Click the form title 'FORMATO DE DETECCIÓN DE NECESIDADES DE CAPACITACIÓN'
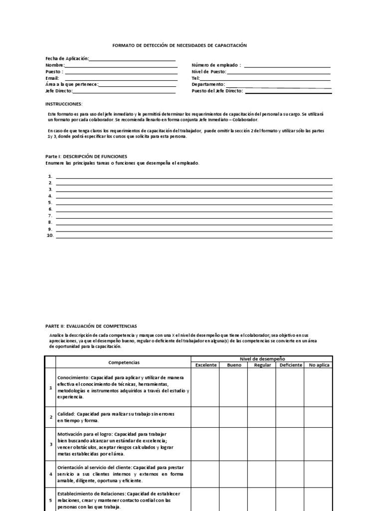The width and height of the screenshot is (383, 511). (180, 45)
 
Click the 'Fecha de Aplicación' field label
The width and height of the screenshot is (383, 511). (67, 58)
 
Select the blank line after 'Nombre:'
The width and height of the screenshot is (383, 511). (121, 66)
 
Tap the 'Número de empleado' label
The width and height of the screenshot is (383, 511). (216, 65)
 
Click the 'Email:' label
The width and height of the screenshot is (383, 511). (52, 78)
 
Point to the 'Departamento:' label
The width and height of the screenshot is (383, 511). (208, 84)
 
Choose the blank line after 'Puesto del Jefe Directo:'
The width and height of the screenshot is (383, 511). (288, 92)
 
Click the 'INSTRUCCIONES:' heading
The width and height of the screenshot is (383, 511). (64, 104)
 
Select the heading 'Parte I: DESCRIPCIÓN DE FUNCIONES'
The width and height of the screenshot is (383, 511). (86, 156)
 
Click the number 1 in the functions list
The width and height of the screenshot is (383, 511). (50, 177)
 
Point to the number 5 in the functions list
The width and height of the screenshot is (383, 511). (50, 203)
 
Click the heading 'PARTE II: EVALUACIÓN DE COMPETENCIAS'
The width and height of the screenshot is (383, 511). (91, 325)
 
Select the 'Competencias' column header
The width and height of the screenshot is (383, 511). (124, 362)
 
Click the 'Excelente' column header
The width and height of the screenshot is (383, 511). (205, 365)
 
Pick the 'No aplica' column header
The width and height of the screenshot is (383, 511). (319, 365)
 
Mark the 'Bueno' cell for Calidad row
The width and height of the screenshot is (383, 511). (234, 417)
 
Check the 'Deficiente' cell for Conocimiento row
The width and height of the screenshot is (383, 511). (290, 387)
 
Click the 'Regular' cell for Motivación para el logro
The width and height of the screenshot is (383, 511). (262, 444)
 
